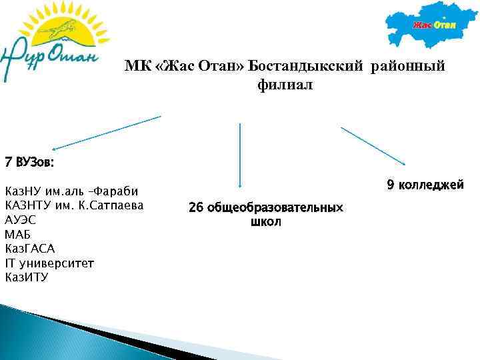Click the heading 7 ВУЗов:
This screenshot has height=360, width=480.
tap(30, 162)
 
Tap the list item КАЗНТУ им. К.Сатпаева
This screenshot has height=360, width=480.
tap(74, 205)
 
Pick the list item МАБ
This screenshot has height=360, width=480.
tap(18, 235)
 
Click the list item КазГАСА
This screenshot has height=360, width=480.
tap(30, 249)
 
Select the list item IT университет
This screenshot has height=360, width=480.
tap(49, 263)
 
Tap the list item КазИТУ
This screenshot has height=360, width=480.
tap(27, 277)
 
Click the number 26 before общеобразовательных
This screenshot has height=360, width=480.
tap(196, 208)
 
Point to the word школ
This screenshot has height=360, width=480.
tap(266, 222)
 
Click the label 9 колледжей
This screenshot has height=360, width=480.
tap(425, 184)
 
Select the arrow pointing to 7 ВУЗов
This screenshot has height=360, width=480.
tap(107, 133)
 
